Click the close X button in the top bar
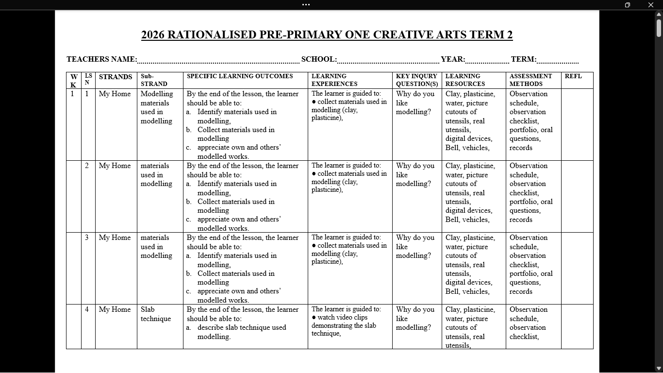tap(650, 5)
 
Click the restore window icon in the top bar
tap(627, 5)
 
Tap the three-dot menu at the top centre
tap(306, 5)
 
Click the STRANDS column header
tap(116, 77)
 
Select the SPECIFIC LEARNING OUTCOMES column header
tap(240, 76)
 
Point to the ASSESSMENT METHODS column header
tap(530, 80)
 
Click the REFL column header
tap(573, 76)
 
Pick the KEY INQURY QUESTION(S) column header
tap(416, 80)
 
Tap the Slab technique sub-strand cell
tap(155, 314)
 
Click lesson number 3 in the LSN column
tap(87, 237)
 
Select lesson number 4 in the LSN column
tap(87, 309)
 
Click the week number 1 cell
tap(73, 94)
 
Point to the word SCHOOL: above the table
tap(319, 59)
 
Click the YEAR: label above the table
tap(453, 59)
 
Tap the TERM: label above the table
tap(523, 59)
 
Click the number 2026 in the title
tap(153, 35)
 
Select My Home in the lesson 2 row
tap(115, 166)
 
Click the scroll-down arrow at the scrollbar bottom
tap(659, 368)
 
